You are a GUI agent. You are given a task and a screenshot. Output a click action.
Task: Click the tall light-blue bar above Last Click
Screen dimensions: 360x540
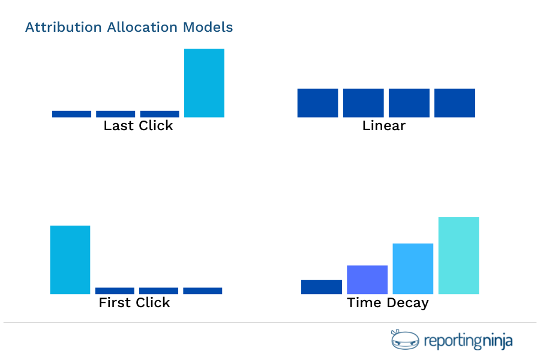click(x=204, y=83)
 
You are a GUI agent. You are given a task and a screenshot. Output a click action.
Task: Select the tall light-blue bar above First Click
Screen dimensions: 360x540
click(x=70, y=259)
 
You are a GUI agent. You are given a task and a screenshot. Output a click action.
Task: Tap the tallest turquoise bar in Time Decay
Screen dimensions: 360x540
click(x=458, y=256)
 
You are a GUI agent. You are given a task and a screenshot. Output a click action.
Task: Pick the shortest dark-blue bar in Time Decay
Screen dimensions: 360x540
click(x=322, y=287)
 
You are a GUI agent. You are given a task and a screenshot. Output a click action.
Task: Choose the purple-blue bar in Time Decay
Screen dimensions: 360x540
click(x=367, y=280)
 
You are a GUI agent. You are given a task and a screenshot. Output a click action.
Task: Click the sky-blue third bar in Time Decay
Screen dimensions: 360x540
click(x=413, y=268)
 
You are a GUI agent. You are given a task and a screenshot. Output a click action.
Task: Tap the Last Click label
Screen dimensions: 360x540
click(x=138, y=126)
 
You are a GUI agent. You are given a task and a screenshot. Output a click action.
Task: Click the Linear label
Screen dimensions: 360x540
click(x=384, y=126)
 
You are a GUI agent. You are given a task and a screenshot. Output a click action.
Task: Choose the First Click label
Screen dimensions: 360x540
click(x=134, y=302)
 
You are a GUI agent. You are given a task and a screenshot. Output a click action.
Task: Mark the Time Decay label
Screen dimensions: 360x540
click(x=388, y=302)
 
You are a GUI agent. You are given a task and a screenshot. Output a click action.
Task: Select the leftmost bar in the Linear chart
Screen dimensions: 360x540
click(x=318, y=103)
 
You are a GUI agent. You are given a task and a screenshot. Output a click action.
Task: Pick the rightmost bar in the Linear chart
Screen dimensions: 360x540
click(x=455, y=103)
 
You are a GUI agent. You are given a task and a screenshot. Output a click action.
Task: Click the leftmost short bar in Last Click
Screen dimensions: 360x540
click(x=72, y=114)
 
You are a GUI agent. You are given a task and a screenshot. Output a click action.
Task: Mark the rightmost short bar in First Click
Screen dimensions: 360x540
click(x=203, y=291)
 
